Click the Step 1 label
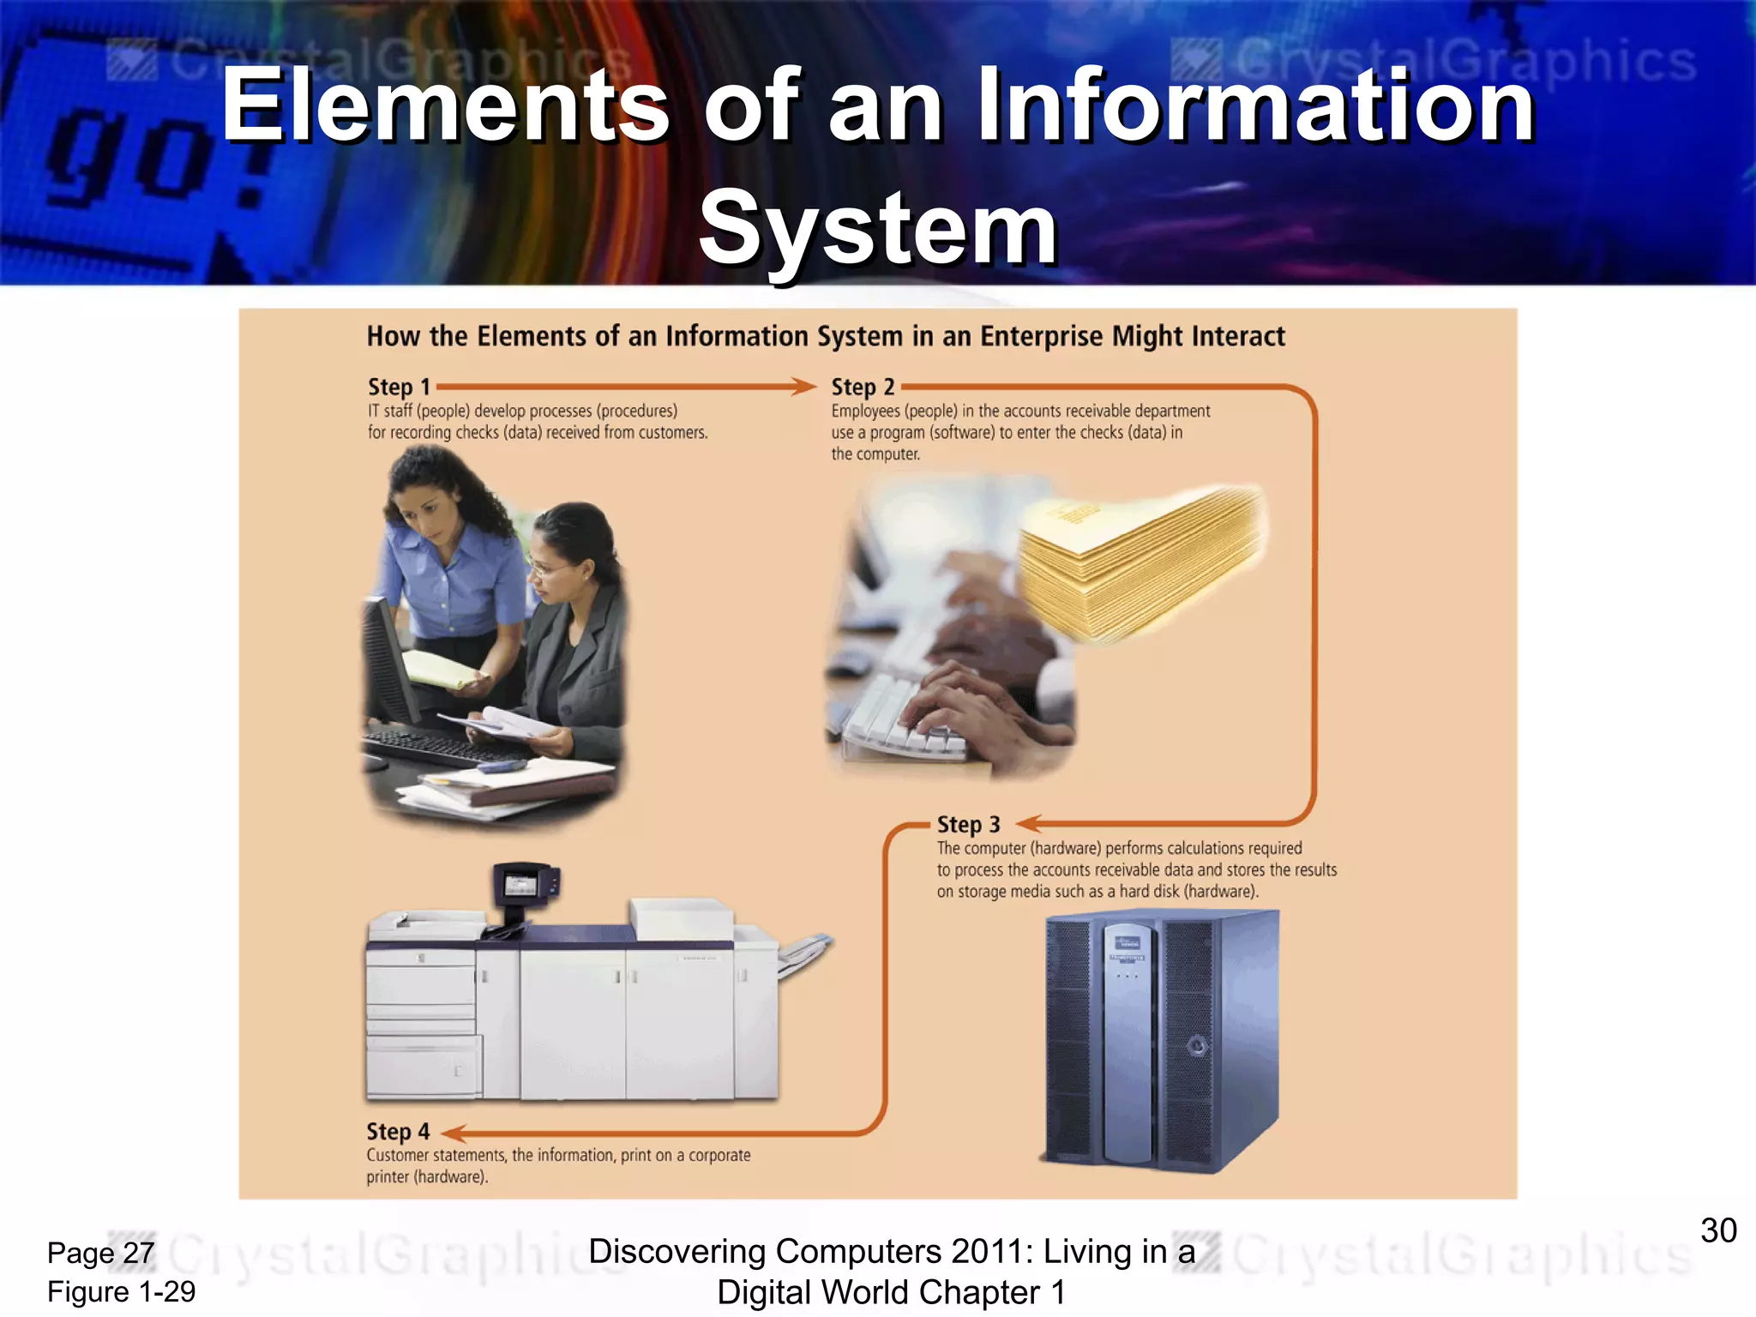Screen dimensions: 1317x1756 399,388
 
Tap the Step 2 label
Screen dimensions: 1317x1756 863,388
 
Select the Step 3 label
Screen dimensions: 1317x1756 968,825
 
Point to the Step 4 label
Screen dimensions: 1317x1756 398,1132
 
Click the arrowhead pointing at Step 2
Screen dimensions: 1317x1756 804,387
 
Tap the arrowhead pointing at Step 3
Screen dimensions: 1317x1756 1029,824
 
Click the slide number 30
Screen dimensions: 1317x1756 1718,1230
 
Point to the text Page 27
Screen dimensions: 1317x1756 100,1254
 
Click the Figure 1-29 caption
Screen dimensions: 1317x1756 121,1292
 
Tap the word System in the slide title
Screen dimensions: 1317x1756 877,229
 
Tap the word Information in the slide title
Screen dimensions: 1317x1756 1255,106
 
